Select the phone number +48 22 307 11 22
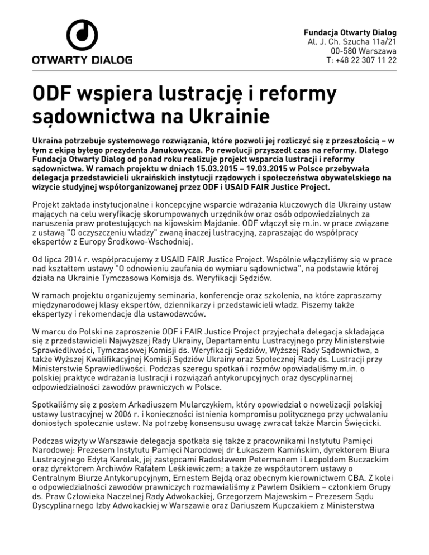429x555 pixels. [368, 60]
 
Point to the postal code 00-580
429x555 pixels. [344, 50]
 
